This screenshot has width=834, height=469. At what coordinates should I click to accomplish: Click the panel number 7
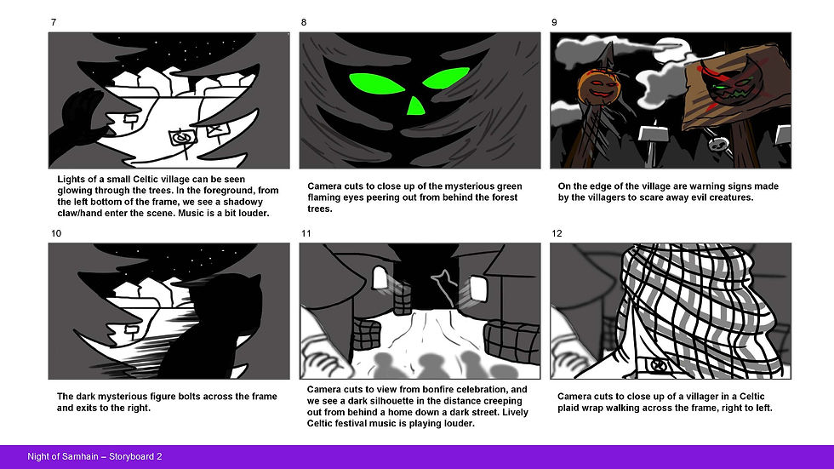[53, 22]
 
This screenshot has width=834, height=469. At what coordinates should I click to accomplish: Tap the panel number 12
[557, 233]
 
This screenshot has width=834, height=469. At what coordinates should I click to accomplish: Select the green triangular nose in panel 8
[416, 106]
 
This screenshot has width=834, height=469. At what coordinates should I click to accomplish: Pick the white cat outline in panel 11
[444, 284]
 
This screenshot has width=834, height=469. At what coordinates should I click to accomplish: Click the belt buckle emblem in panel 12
[659, 366]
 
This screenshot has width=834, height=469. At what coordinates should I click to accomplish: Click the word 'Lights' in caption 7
[70, 180]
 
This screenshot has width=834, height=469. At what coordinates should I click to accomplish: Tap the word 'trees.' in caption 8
[320, 209]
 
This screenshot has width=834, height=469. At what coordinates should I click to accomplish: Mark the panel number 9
[554, 22]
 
